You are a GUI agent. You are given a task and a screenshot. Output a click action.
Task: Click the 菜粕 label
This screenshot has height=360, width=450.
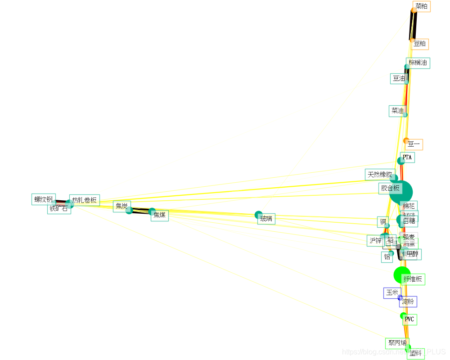point(421,6)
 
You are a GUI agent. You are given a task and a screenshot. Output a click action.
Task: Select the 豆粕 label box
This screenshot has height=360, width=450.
point(420,44)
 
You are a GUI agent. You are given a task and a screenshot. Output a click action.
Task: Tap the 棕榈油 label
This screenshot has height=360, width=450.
point(418,63)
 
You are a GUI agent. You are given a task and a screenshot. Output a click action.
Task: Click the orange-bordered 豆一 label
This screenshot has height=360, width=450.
point(414,145)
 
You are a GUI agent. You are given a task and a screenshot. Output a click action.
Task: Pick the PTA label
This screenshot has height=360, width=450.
point(407,157)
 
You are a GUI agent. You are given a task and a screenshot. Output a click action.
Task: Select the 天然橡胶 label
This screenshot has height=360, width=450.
point(380,175)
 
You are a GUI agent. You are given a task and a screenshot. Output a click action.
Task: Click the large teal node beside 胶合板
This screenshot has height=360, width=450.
point(401,192)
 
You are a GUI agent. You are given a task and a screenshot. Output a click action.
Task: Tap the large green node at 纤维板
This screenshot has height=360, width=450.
point(401,274)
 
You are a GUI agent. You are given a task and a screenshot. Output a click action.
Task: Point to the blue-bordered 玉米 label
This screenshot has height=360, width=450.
point(392,292)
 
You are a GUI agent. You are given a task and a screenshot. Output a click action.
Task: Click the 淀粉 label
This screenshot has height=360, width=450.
point(408,301)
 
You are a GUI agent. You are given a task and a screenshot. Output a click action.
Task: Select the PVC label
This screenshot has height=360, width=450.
point(409,319)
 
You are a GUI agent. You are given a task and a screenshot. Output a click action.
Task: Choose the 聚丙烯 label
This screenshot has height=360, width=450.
point(397,343)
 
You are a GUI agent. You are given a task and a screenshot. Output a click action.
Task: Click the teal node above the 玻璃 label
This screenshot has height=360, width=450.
point(259,215)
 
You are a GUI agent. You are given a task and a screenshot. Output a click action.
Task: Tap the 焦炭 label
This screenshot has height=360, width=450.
point(121,206)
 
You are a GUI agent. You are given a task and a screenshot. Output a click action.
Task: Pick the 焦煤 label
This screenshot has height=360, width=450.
point(160,215)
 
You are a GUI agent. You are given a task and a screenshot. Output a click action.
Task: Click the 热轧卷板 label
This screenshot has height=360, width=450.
point(85,200)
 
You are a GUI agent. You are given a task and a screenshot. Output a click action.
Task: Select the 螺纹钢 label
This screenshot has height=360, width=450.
point(44,199)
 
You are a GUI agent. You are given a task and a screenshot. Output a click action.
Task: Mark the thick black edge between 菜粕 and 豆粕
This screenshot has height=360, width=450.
point(413,25)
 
